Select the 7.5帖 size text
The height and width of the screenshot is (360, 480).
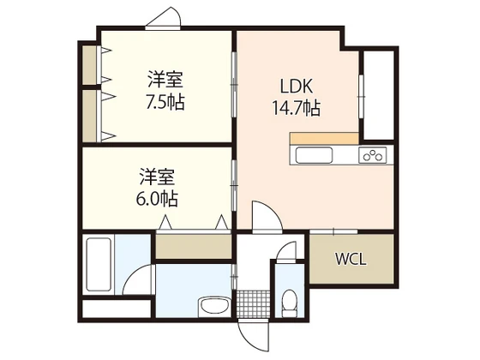coord(165,101)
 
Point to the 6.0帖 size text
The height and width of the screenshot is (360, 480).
coord(159,199)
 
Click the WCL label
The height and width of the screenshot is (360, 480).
coord(351,259)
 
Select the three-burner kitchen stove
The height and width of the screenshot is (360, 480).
coord(373,155)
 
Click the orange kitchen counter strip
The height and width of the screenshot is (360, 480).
coord(323,138)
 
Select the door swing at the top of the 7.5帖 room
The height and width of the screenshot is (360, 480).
coord(164,19)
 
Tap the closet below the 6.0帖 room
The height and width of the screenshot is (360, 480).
coord(193,246)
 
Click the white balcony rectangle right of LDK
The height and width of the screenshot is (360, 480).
coord(378,93)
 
